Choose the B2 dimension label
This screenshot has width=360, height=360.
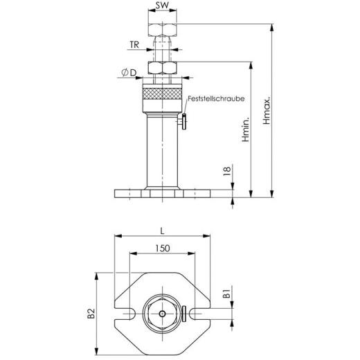(91, 312)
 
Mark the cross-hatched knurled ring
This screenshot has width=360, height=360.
(163, 96)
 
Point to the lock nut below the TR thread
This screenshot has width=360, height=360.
(163, 69)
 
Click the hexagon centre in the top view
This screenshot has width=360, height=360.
(163, 313)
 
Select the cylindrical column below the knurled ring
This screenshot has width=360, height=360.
(163, 149)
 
